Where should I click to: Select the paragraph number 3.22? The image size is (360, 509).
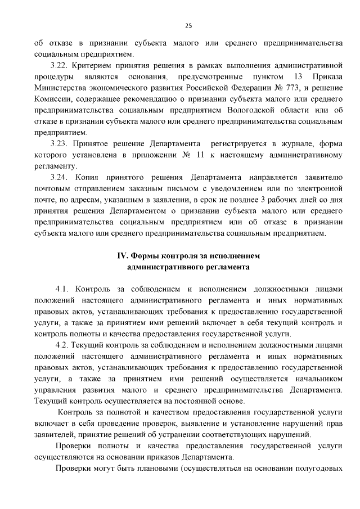60,65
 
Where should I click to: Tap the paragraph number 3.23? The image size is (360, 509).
60,143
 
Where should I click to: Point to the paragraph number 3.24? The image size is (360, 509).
60,177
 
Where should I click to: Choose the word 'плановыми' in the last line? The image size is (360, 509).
149,469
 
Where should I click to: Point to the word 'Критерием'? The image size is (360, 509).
92,65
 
